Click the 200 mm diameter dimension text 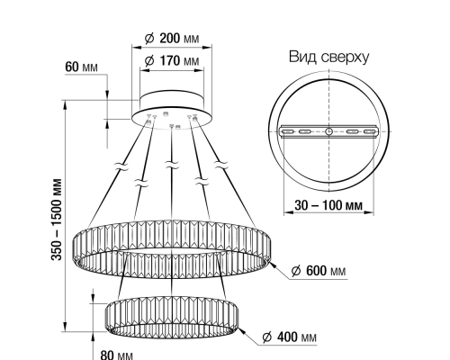click(x=171, y=39)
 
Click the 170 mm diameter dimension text click(x=171, y=61)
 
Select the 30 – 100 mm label click(x=328, y=206)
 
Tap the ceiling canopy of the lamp click(x=171, y=106)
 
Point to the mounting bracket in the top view click(x=328, y=132)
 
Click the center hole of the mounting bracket click(x=328, y=132)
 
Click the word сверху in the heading click(x=344, y=58)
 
